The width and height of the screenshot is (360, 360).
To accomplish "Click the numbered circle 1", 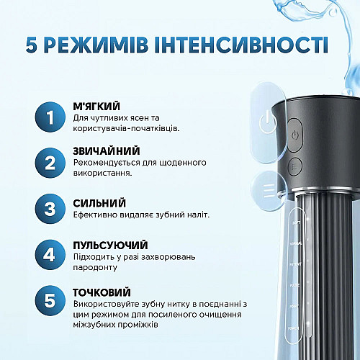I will pos(49,118).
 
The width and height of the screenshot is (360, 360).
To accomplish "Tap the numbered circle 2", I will pos(49,163).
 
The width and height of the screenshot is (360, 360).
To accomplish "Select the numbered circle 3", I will pos(49,210).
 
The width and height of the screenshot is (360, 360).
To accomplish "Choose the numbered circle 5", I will pos(49,300).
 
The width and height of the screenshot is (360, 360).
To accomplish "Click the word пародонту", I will pos(96,268).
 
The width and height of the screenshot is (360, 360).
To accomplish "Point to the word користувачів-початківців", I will pos(127,128).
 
